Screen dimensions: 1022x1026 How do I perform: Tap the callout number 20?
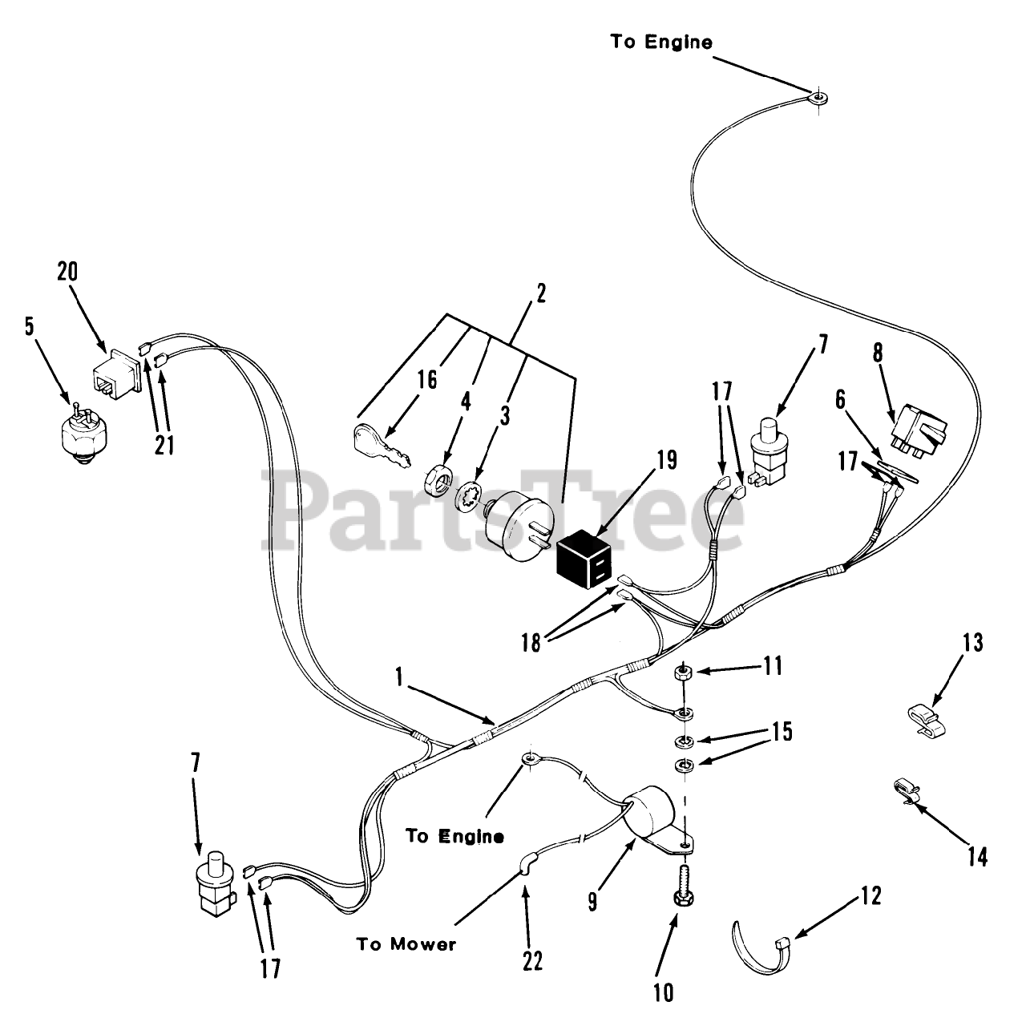click(x=67, y=273)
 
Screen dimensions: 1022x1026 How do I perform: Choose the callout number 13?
click(x=971, y=643)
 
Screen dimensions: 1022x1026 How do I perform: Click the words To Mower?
click(x=406, y=944)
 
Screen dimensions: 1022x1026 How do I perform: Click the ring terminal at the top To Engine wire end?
click(x=818, y=101)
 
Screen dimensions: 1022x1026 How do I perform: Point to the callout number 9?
click(x=592, y=902)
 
